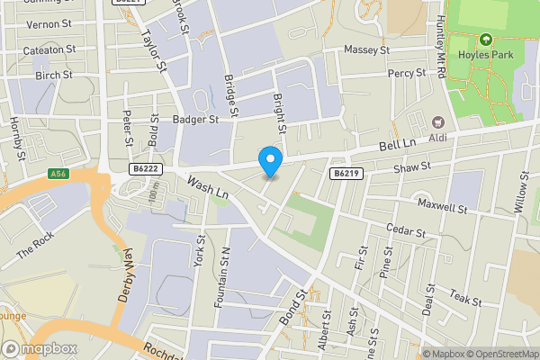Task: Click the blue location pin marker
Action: click(x=270, y=160)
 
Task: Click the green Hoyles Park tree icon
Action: click(x=486, y=40)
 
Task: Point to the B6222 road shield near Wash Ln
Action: click(x=145, y=167)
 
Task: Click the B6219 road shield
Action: click(x=346, y=173)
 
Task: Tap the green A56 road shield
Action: click(x=59, y=174)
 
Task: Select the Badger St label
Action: click(x=196, y=118)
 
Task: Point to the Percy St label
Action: click(x=407, y=73)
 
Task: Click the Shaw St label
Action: click(x=413, y=167)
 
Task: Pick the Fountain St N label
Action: click(x=221, y=278)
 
